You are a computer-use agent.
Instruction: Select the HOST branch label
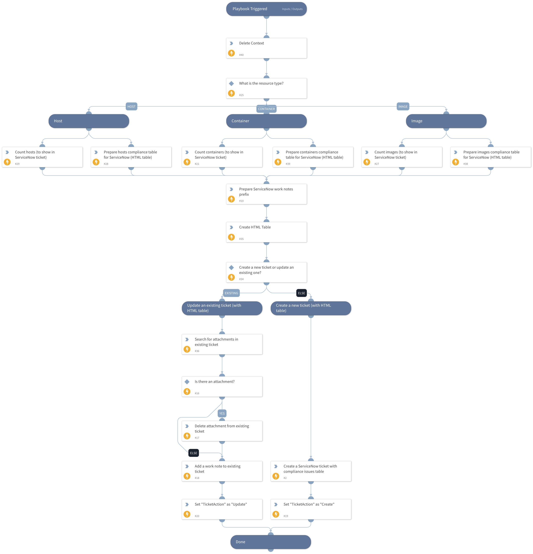(x=131, y=107)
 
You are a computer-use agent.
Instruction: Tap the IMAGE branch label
(x=403, y=107)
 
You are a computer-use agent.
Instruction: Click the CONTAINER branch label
(x=266, y=109)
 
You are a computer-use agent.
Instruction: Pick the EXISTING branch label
(x=231, y=293)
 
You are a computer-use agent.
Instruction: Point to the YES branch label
(x=222, y=414)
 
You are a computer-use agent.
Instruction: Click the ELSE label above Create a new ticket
(x=301, y=293)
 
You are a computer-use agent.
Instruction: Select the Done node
(x=271, y=542)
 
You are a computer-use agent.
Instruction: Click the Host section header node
(x=89, y=121)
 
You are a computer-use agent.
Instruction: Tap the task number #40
(x=241, y=55)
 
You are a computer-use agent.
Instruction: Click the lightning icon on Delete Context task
(x=231, y=53)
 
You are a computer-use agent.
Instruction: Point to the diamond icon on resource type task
(x=231, y=83)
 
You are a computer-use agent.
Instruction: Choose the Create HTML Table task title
(x=255, y=227)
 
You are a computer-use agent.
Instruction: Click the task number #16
(x=197, y=393)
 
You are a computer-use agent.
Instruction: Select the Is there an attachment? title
(x=214, y=382)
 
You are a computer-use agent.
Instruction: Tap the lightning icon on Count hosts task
(x=7, y=162)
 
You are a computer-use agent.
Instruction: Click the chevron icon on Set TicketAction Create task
(x=276, y=505)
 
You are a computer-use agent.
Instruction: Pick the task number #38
(x=466, y=164)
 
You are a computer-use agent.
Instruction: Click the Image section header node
(x=446, y=121)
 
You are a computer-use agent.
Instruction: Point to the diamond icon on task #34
(x=231, y=267)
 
